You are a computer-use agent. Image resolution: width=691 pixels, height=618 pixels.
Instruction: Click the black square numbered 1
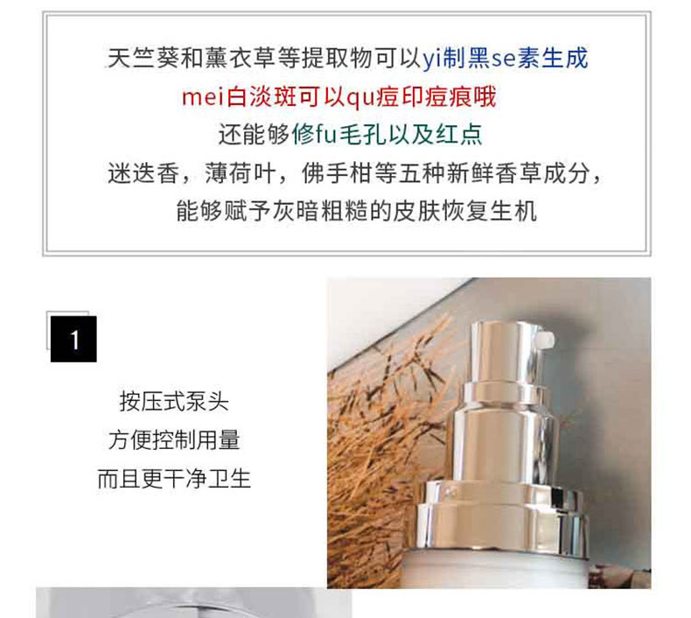73,339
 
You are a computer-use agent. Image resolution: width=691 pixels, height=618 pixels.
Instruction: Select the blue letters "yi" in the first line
432,59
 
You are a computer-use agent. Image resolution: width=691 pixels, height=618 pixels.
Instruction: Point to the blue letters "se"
504,59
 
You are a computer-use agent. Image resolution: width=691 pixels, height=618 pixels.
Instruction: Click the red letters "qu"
360,98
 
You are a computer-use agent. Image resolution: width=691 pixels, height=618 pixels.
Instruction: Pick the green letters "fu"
325,134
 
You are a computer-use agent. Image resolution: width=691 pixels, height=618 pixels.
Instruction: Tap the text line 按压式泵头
174,402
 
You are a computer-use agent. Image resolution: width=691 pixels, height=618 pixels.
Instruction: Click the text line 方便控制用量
174,439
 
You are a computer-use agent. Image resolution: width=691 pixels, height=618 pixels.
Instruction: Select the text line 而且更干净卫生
174,479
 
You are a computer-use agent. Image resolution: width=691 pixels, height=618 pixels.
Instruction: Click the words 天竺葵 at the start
143,59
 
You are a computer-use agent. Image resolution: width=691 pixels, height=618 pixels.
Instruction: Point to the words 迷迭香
143,173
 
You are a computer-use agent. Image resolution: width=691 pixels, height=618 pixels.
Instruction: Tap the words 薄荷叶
241,173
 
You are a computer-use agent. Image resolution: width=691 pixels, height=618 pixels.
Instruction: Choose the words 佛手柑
337,173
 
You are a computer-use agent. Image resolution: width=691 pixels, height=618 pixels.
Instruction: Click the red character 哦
485,97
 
